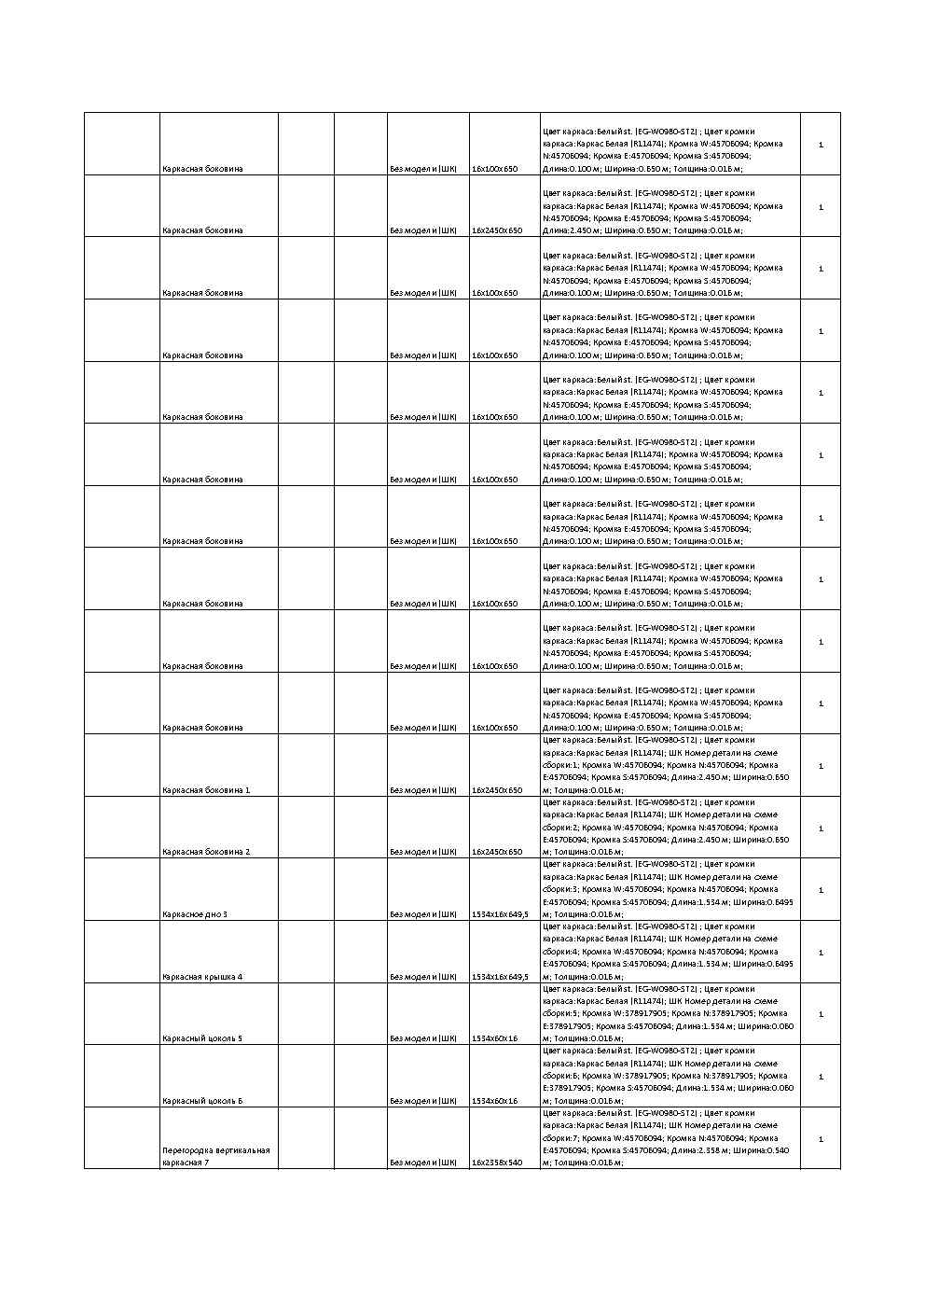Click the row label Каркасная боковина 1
pyautogui.click(x=206, y=790)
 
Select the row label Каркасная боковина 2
pyautogui.click(x=206, y=852)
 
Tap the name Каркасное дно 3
pyautogui.click(x=195, y=914)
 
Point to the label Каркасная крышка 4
pyautogui.click(x=202, y=977)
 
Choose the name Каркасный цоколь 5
pyautogui.click(x=202, y=1038)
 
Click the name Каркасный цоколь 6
pyautogui.click(x=202, y=1101)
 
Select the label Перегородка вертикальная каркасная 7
pyautogui.click(x=215, y=1157)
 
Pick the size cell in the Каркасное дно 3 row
pyautogui.click(x=500, y=914)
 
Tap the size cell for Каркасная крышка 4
pyautogui.click(x=500, y=977)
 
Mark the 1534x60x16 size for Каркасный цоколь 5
pyautogui.click(x=494, y=1038)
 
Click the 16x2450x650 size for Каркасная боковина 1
pyautogui.click(x=497, y=790)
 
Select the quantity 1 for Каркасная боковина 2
pyautogui.click(x=821, y=829)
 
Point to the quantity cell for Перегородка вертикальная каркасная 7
pyautogui.click(x=821, y=1139)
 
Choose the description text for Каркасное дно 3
pyautogui.click(x=668, y=889)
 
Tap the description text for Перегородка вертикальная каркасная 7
pyautogui.click(x=668, y=1138)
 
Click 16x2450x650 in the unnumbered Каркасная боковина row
pyautogui.click(x=497, y=230)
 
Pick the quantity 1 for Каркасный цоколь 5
pyautogui.click(x=821, y=1014)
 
